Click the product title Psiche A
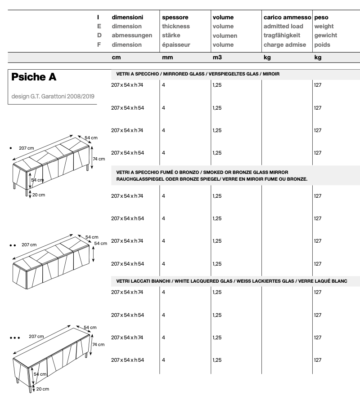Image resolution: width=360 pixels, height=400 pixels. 34,77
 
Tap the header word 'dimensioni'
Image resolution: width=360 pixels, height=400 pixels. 127,17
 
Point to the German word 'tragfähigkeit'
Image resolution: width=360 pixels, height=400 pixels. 282,36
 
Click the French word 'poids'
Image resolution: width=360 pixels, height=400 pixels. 322,44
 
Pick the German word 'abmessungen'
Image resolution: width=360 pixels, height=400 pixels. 132,36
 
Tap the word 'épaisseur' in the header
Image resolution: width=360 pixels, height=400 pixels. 176,44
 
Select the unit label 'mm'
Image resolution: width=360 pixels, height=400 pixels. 166,58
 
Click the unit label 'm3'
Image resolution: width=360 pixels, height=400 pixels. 217,58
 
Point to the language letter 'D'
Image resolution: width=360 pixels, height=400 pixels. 99,36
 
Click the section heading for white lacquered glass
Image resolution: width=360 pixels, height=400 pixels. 232,281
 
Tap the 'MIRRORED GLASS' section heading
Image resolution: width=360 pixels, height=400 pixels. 198,74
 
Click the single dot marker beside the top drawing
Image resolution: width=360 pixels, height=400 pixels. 10,147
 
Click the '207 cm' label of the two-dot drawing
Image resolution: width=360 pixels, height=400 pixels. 28,245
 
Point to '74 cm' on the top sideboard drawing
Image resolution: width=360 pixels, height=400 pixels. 99,159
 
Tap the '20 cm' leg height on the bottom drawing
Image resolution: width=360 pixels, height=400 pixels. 42,389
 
